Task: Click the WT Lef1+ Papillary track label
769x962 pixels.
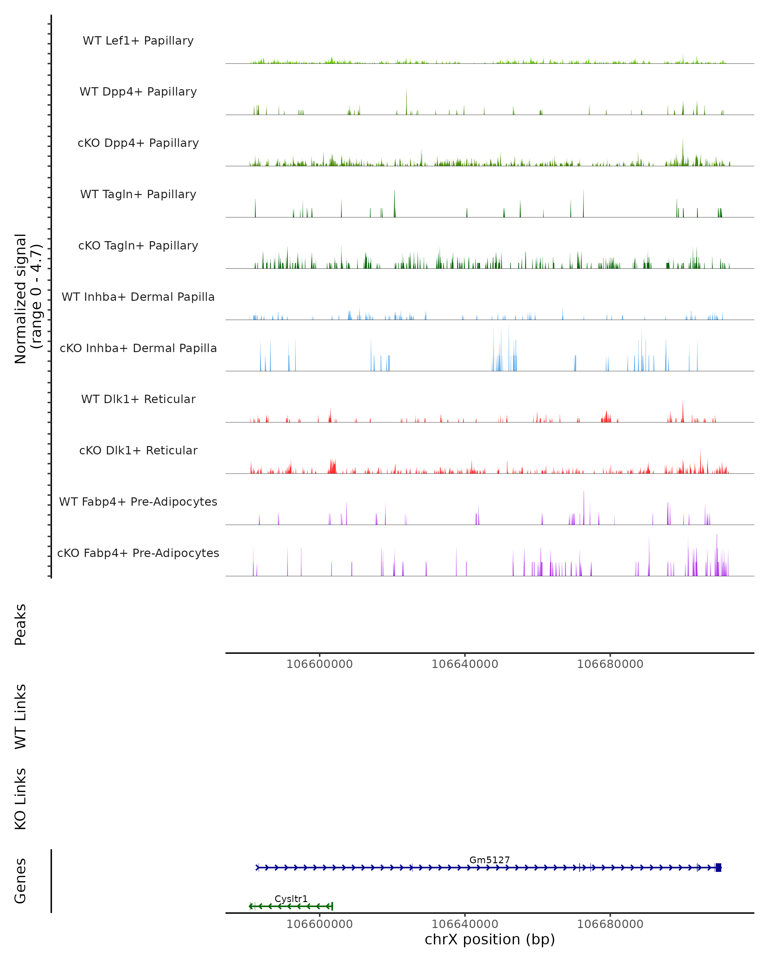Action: [138, 41]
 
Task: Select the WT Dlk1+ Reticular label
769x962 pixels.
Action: [138, 399]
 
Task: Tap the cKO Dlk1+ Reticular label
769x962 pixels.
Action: [138, 450]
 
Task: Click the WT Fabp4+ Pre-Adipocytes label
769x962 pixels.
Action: [138, 502]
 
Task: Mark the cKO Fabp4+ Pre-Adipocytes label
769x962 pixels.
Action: [138, 553]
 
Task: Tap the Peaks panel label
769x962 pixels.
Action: [21, 624]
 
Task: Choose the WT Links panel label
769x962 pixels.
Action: [21, 716]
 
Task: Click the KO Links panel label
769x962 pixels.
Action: [21, 799]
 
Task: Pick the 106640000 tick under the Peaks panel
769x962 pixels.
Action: [465, 664]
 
